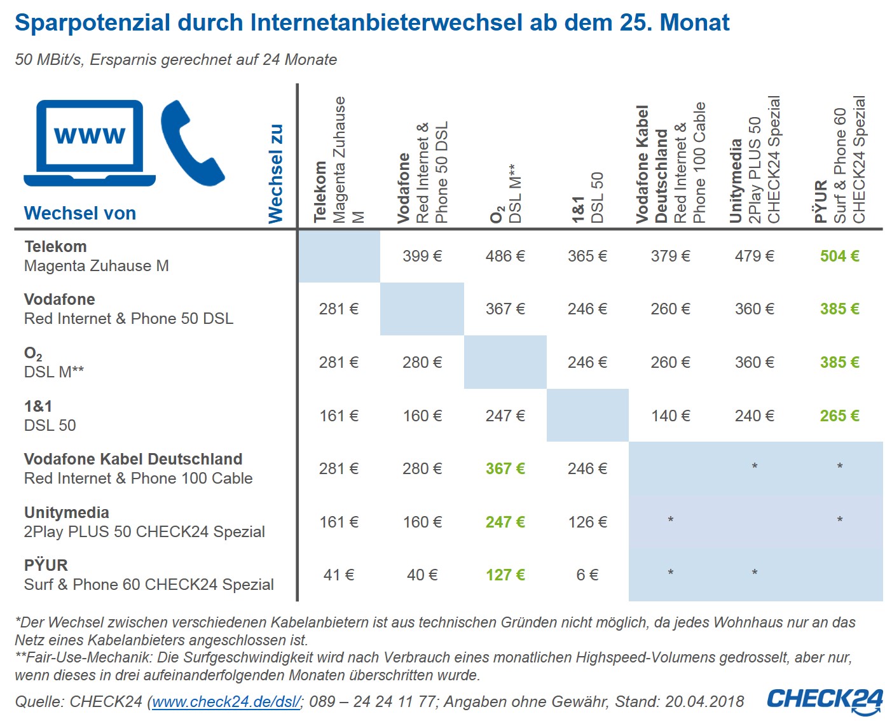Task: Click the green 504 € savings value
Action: tap(839, 256)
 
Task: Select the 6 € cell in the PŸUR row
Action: tap(587, 575)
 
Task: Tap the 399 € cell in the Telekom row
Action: tap(422, 256)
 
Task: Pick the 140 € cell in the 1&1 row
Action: tap(670, 416)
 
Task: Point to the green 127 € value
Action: tap(505, 575)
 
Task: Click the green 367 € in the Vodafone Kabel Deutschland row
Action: tap(505, 468)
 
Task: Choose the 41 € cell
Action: tap(339, 575)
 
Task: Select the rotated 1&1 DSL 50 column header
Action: tap(587, 197)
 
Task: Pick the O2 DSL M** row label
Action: tap(54, 362)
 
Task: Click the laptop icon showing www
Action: tap(90, 142)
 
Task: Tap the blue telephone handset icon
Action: tap(191, 143)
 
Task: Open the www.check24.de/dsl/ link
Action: tap(226, 702)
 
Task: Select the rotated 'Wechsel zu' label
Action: tap(275, 174)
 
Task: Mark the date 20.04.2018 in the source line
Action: tap(704, 702)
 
